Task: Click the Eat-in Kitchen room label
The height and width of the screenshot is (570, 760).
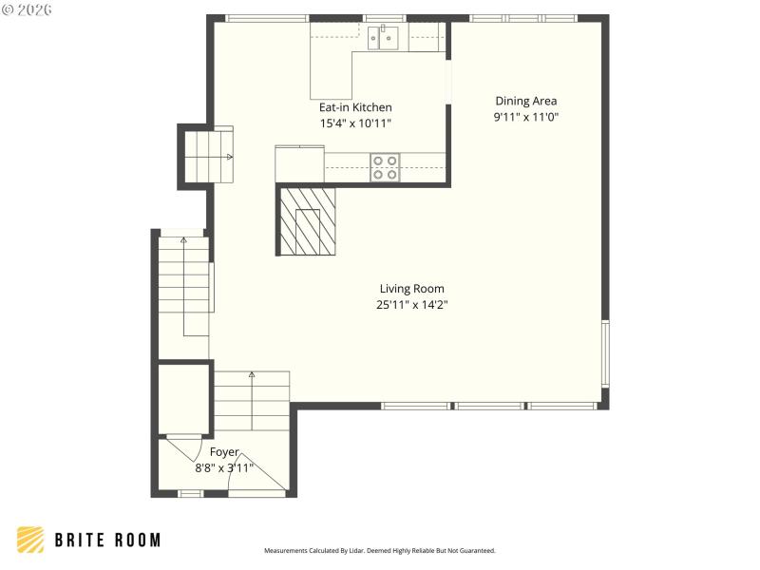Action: tap(354, 107)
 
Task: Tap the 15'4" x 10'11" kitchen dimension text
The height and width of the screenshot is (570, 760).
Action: tap(354, 123)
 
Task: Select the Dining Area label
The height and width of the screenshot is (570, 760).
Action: tap(525, 101)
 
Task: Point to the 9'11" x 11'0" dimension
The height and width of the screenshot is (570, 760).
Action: tap(525, 117)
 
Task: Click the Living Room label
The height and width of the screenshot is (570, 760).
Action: tap(411, 289)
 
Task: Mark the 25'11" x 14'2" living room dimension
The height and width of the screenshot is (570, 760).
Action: tap(411, 305)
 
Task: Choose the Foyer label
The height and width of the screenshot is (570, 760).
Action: tap(224, 452)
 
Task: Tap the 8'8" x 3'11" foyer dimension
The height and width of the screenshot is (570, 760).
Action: tap(224, 467)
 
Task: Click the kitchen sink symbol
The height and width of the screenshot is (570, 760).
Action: tap(388, 38)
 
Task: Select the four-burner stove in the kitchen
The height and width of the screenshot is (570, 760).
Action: tap(385, 167)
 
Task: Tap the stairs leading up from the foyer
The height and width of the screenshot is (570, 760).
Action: tap(251, 401)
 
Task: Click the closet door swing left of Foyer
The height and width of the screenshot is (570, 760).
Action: tap(182, 445)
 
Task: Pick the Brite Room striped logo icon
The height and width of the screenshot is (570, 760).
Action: tap(30, 540)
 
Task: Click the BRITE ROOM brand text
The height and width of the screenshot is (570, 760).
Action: tap(107, 540)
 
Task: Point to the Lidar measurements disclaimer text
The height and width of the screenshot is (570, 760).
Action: tap(379, 550)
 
